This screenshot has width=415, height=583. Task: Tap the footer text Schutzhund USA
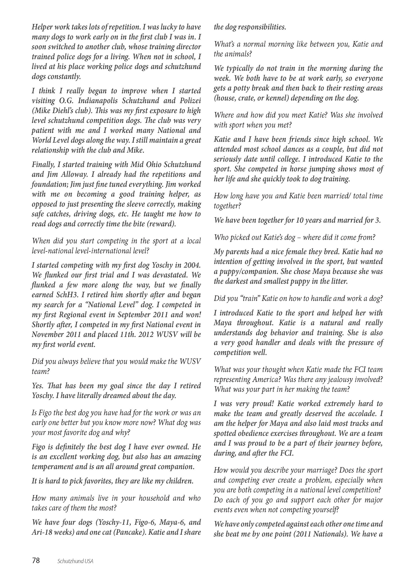coord(75,561)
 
